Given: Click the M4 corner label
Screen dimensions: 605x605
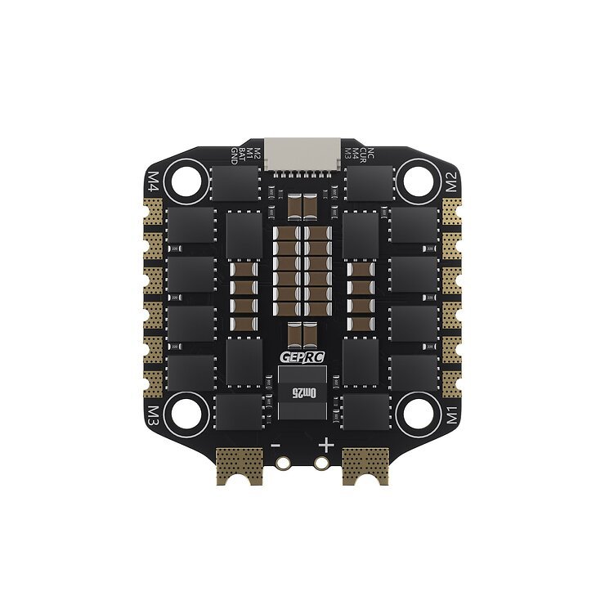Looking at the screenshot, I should (x=153, y=179).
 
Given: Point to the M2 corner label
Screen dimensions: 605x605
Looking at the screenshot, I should (x=452, y=181).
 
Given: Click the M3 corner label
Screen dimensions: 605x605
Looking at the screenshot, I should (x=153, y=415).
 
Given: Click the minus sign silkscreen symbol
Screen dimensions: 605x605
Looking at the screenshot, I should (x=276, y=445).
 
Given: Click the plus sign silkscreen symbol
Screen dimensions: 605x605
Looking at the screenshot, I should (x=327, y=445).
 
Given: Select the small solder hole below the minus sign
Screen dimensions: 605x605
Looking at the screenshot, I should (x=284, y=463).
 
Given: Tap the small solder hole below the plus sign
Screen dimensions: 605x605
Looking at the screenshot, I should (x=322, y=463).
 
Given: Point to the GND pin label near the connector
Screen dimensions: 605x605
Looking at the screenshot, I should (x=235, y=152).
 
